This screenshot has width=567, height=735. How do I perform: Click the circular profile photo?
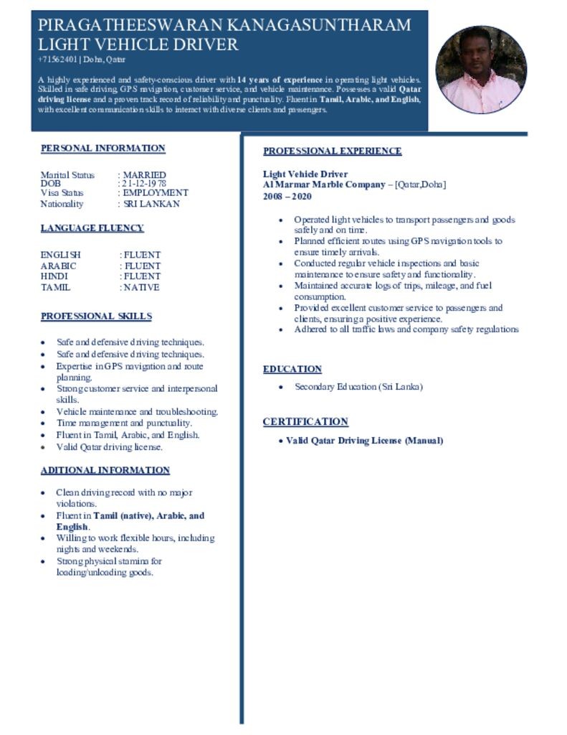[481, 70]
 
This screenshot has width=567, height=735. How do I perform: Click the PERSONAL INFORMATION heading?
[103, 149]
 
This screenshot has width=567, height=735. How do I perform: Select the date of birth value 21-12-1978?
[145, 184]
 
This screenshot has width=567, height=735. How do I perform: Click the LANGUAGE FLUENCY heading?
[92, 228]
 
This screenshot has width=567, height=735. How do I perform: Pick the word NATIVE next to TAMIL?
[142, 287]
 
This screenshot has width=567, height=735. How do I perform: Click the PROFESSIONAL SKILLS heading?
[96, 317]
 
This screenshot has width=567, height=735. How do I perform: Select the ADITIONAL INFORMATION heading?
[105, 471]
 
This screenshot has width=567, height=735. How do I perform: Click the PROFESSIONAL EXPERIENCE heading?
[332, 151]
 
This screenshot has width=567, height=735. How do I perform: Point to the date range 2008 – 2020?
[287, 196]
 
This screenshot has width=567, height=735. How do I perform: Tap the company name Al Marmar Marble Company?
[324, 184]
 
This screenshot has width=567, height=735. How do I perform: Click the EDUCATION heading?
[292, 369]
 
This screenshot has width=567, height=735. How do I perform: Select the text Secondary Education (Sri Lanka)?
[358, 387]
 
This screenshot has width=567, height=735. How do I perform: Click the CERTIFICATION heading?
[305, 421]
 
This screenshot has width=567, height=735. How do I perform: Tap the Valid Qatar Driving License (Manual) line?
[364, 440]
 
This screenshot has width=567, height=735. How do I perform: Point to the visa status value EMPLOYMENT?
[156, 193]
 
